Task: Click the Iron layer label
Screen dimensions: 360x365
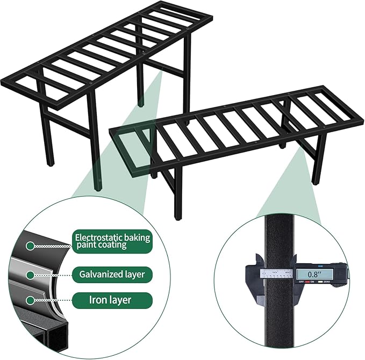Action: pos(110,300)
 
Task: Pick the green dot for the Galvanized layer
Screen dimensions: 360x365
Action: pos(31,274)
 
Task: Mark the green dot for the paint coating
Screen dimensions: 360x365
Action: pos(31,246)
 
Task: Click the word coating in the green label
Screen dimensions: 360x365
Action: pos(111,245)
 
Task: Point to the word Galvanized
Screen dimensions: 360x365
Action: pos(101,274)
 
